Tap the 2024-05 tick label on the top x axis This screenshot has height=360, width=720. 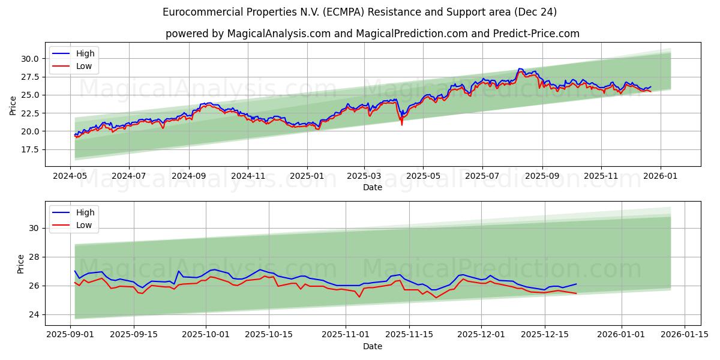70,176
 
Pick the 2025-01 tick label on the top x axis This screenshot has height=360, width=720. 307,176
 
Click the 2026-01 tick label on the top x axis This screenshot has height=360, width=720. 660,176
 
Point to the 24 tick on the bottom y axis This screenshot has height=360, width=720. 35,314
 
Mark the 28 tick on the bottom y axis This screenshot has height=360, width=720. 35,257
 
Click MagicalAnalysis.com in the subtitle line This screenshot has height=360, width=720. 278,34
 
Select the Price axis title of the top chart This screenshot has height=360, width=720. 13,106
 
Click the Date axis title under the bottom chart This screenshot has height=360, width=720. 373,346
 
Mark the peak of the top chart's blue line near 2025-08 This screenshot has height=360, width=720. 520,69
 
